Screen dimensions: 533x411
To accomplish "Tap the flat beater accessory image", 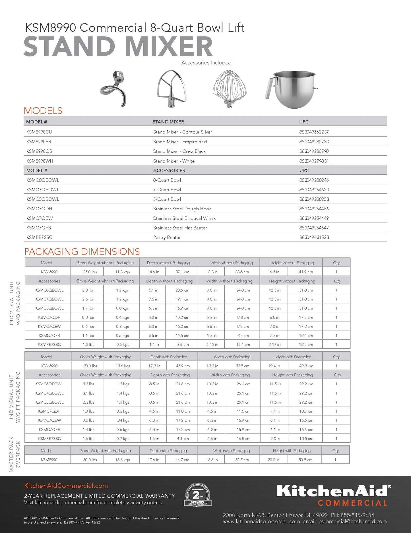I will click(172, 89).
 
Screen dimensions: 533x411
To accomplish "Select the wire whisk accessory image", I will click(230, 89).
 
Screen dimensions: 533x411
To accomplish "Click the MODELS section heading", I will click(43, 111).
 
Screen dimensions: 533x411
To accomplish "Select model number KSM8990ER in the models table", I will click(39, 142).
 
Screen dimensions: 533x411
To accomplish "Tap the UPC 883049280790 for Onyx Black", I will click(314, 151).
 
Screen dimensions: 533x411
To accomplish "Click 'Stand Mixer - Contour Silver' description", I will click(182, 132).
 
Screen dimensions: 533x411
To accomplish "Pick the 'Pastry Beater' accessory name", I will click(167, 237).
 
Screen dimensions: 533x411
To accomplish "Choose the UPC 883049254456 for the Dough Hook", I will click(314, 209).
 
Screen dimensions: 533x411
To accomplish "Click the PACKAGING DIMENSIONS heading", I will click(82, 251).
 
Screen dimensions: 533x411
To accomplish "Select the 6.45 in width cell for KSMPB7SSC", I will click(212, 345).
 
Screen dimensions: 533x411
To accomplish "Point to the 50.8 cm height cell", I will click(305, 460).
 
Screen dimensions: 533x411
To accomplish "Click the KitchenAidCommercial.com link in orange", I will click(66, 486).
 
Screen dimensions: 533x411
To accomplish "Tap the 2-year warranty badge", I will click(198, 495).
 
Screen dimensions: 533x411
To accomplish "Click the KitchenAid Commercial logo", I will click(334, 495).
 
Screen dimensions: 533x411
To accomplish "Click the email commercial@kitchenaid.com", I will click(353, 521).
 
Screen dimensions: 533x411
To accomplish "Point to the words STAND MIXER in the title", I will click(118, 46).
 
